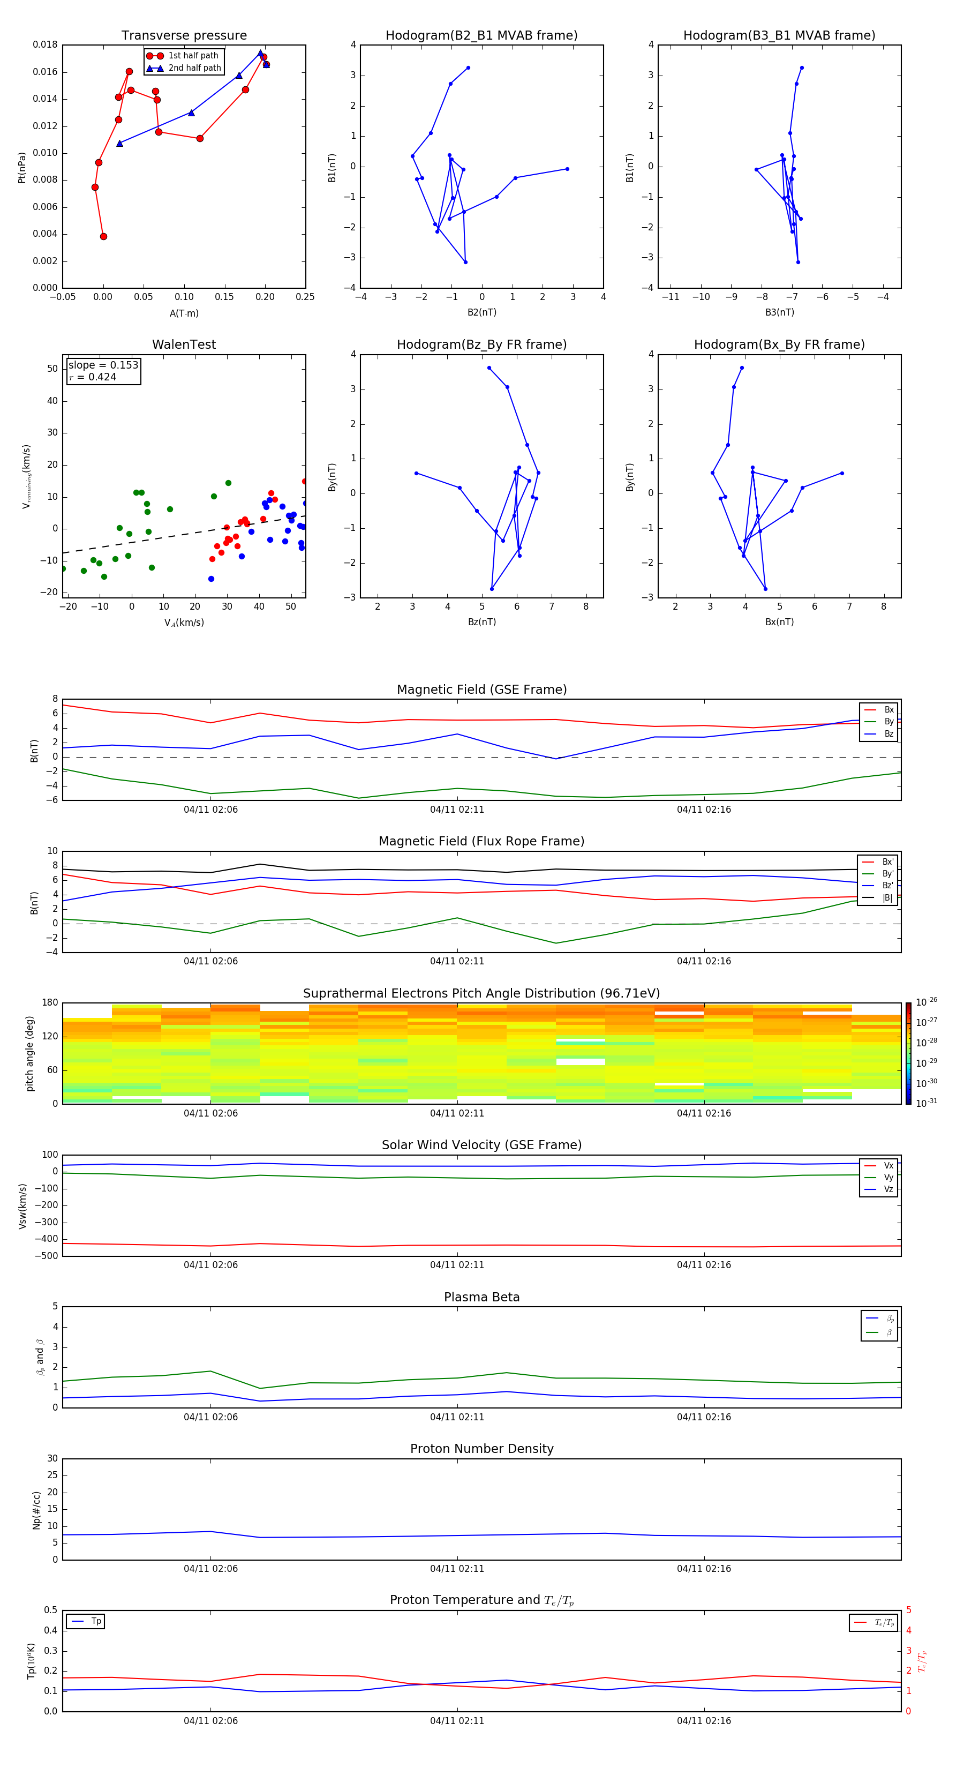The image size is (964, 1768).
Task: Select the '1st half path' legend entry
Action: [193, 56]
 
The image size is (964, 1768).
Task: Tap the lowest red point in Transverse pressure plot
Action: [103, 237]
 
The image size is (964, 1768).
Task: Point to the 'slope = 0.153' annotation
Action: [103, 365]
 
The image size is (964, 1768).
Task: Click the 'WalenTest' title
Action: [184, 344]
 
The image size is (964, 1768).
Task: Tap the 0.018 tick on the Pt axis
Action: [46, 44]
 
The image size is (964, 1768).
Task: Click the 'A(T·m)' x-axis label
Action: [184, 313]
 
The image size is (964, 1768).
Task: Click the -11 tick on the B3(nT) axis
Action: [671, 297]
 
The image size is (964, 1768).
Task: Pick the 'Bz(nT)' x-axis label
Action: [481, 622]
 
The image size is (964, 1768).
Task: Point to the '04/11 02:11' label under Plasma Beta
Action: [457, 1417]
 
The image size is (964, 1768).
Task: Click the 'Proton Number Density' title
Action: [481, 1449]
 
